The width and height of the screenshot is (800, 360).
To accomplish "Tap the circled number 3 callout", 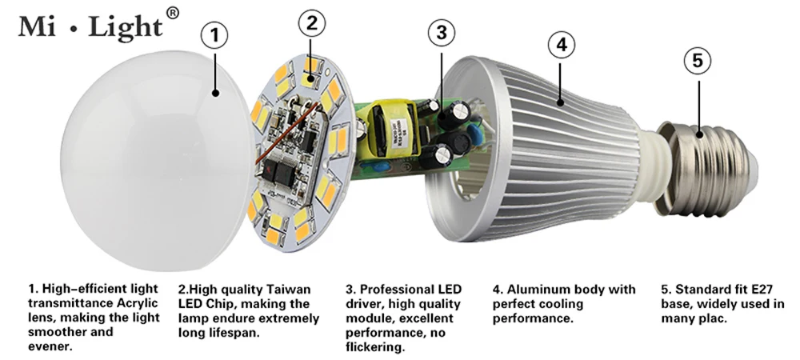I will (442, 33).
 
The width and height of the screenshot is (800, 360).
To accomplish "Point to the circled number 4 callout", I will (562, 46).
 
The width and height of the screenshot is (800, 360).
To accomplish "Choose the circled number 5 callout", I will (698, 59).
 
